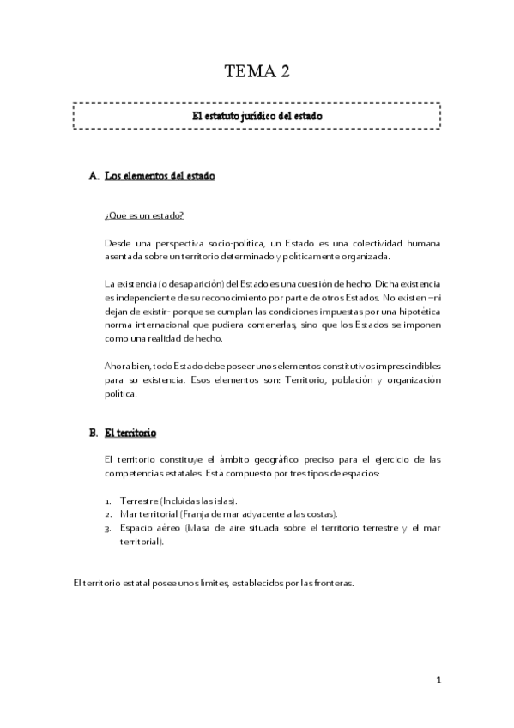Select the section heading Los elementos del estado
(x=159, y=176)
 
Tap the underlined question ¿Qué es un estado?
(x=143, y=215)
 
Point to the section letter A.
(x=94, y=176)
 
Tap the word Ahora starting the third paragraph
(x=118, y=367)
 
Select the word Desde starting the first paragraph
(x=118, y=243)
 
